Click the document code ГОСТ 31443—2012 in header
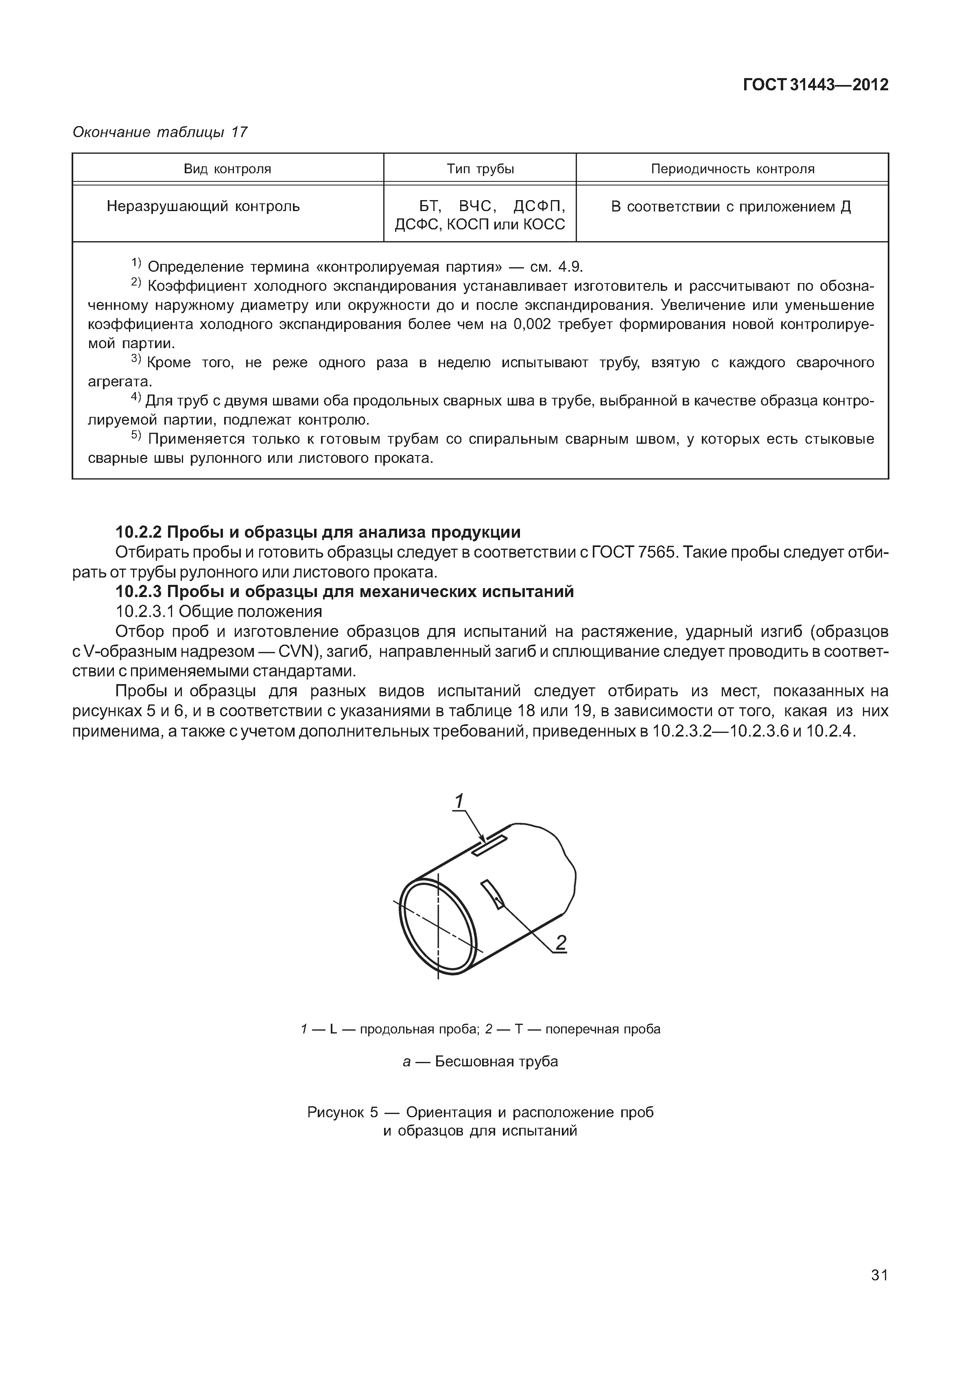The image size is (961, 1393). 815,85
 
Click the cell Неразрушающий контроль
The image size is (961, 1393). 203,207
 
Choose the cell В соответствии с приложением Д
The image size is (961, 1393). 731,207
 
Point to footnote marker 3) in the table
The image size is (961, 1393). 135,360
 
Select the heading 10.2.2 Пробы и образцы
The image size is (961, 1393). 318,532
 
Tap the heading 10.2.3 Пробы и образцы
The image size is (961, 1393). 345,592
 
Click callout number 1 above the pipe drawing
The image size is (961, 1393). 459,802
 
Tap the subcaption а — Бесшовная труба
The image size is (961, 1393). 480,1061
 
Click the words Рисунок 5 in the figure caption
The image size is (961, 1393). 342,1112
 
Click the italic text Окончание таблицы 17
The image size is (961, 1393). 159,133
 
